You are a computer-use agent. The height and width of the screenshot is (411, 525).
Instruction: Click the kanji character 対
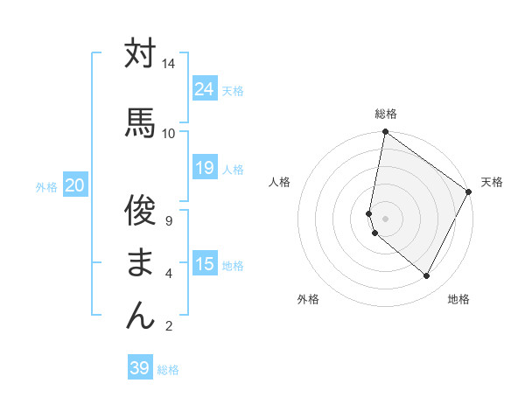coord(140,53)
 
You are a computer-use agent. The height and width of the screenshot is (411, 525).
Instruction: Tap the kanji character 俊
coord(140,210)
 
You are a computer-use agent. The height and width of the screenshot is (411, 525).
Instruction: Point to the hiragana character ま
coord(140,262)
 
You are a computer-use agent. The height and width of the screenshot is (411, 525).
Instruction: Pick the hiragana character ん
coord(140,315)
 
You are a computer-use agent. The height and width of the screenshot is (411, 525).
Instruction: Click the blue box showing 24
coord(205,88)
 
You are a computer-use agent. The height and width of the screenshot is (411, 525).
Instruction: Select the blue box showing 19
coord(205,168)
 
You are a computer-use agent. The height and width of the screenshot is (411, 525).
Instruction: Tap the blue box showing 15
coord(205,264)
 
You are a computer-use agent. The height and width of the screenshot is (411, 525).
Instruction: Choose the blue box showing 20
coord(75,185)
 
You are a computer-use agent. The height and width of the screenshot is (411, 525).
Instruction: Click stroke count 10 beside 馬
coord(168,133)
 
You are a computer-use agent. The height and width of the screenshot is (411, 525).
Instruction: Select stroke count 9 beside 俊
coord(169,222)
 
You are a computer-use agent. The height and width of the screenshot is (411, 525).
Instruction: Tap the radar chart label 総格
coord(386,114)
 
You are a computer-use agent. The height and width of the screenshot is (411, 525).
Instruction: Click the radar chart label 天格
coord(492,182)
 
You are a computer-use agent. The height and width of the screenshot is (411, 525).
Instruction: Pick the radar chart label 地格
coord(458,299)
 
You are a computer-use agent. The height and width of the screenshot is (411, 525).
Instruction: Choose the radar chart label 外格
coord(308,299)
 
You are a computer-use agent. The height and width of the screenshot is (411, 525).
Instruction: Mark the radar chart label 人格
coord(280,182)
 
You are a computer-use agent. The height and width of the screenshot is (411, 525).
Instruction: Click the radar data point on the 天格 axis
coord(469,192)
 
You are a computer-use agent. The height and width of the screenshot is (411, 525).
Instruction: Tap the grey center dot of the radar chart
coord(385,218)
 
